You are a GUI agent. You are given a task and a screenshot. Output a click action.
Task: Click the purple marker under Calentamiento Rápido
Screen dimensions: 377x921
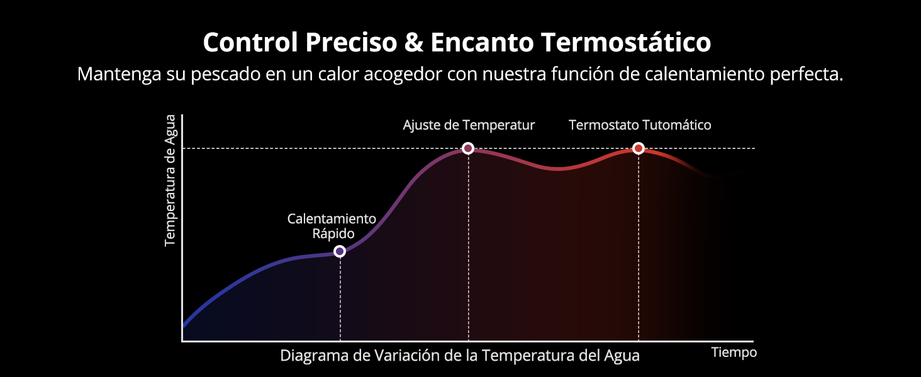(x=340, y=251)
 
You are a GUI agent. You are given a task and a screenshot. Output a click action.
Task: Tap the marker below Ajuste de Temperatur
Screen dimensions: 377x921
(x=467, y=148)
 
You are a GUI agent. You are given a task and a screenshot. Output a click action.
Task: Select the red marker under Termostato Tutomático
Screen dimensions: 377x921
(x=638, y=148)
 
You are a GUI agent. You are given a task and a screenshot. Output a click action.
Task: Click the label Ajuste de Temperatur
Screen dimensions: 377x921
(x=469, y=125)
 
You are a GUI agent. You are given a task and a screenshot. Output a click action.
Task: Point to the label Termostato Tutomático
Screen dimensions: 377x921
(x=640, y=125)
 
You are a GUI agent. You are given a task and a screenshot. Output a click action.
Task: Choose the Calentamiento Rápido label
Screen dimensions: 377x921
(x=332, y=226)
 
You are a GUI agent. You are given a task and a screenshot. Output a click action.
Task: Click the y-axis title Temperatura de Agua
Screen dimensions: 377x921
(x=170, y=181)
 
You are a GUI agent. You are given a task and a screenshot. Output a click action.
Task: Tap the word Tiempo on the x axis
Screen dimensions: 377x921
(x=734, y=352)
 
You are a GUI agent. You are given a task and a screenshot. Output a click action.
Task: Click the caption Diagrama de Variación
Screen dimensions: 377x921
(x=460, y=356)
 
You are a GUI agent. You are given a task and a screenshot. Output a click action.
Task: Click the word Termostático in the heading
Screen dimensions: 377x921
(x=626, y=43)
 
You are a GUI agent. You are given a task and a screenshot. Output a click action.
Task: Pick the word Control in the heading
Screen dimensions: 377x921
(x=251, y=43)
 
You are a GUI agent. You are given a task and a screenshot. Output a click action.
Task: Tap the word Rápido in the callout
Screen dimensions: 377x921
(x=333, y=234)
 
